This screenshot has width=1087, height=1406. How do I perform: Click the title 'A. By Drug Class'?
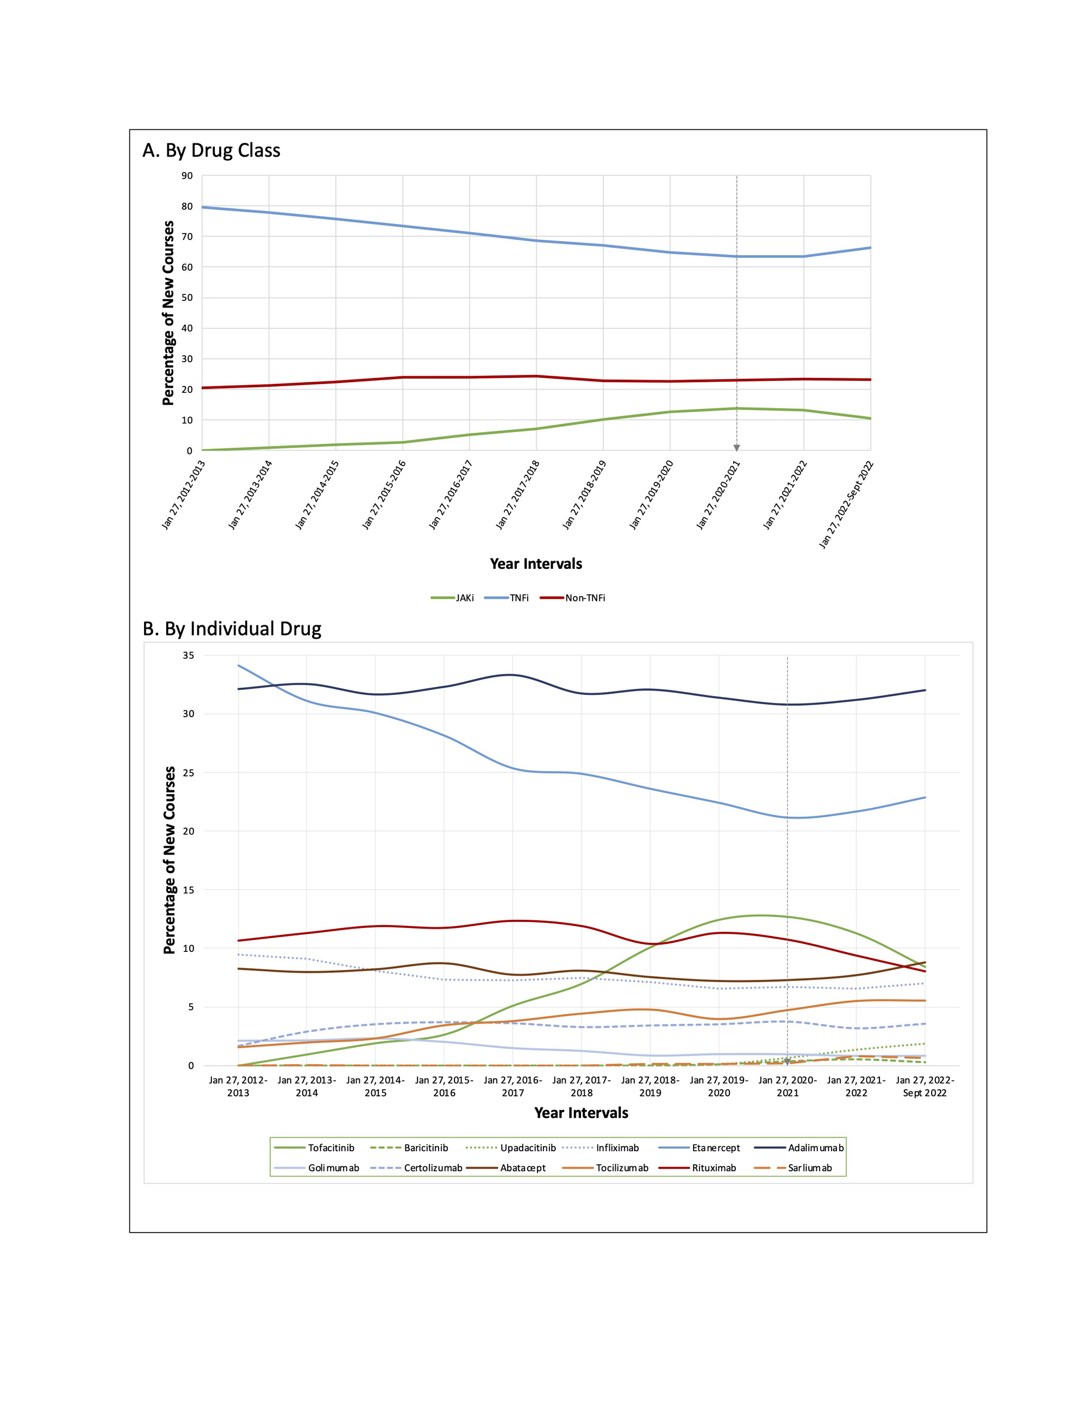coord(211,150)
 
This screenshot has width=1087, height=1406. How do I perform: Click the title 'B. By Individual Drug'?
coord(232,629)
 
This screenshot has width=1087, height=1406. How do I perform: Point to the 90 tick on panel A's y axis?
coord(187,176)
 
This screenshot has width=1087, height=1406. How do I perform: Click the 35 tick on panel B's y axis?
coord(188,655)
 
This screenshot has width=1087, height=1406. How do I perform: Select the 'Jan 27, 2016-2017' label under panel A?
coord(451,494)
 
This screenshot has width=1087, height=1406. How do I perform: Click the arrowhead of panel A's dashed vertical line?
coord(736,448)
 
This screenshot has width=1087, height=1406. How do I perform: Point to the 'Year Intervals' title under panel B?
coord(581,1113)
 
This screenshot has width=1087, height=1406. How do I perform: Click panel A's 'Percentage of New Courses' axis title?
coord(168,313)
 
